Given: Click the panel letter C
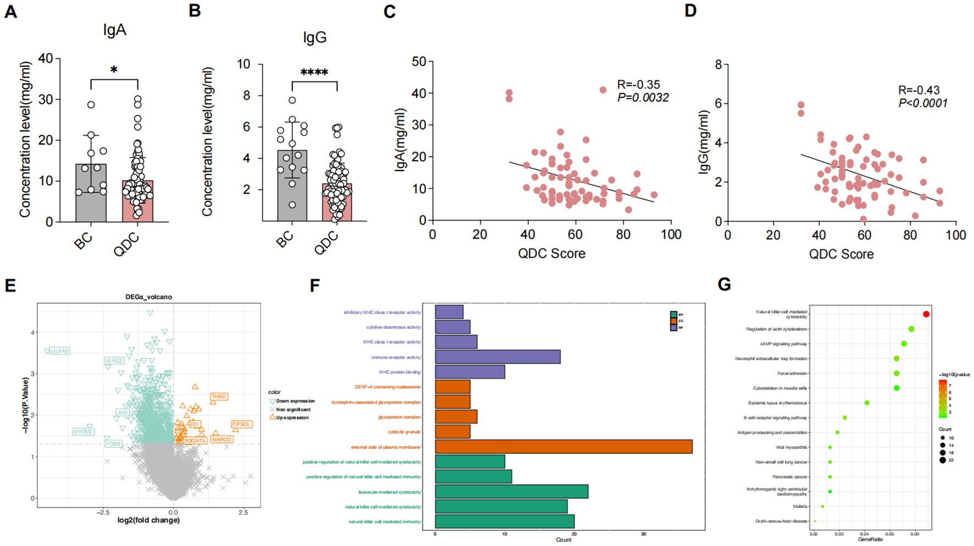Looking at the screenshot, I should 389,12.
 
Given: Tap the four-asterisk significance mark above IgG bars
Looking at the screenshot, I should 314,73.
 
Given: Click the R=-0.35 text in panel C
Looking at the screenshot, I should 638,85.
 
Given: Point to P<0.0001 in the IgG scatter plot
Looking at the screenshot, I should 923,103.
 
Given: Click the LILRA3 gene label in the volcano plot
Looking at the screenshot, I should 59,351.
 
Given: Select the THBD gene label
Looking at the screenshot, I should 219,396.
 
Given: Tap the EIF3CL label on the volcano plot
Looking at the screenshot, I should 241,424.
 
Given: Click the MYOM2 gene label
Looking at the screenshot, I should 83,432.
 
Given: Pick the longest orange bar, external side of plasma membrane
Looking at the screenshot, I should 563,446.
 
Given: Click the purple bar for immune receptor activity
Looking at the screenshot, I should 497,357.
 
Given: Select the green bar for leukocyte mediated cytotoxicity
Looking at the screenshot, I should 511,492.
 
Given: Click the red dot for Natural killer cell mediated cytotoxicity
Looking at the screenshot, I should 926,314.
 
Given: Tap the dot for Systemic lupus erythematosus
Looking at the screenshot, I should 867,403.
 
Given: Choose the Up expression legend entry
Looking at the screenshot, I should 292,417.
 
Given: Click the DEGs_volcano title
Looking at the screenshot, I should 148,297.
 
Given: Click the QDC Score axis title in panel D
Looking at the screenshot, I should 841,254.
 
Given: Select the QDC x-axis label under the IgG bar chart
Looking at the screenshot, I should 326,242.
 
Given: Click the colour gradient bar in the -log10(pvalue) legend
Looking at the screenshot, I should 942,398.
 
